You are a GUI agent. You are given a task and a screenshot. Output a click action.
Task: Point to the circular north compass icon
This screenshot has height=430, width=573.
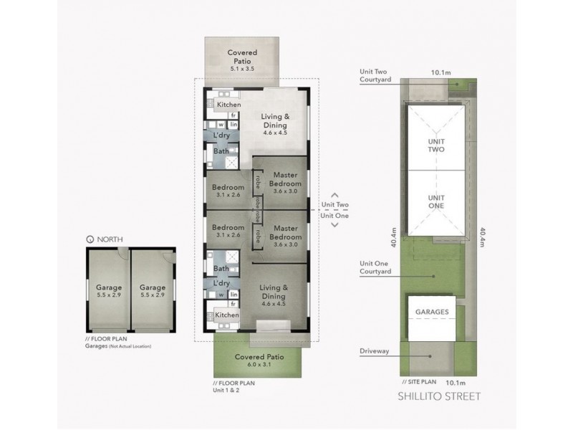(x=89, y=239)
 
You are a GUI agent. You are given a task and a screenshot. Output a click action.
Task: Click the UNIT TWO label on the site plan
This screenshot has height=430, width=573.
(x=435, y=146)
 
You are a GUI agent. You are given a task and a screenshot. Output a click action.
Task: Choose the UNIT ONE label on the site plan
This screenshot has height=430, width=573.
(x=435, y=201)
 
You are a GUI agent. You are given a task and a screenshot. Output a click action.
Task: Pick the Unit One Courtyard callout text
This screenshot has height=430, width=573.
(x=377, y=267)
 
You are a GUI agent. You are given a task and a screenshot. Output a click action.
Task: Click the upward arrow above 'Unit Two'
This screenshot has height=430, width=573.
(x=334, y=194)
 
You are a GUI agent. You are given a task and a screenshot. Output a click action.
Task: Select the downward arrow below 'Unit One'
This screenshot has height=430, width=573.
(x=334, y=225)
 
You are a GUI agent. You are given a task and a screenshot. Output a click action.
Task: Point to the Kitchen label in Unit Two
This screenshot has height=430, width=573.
(x=228, y=105)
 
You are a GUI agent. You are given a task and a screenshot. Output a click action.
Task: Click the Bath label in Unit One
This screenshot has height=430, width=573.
(x=221, y=269)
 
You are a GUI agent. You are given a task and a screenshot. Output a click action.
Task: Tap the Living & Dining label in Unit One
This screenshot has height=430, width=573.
(x=275, y=292)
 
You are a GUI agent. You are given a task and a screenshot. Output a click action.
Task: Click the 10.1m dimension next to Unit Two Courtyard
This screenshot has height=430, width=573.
(x=440, y=72)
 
